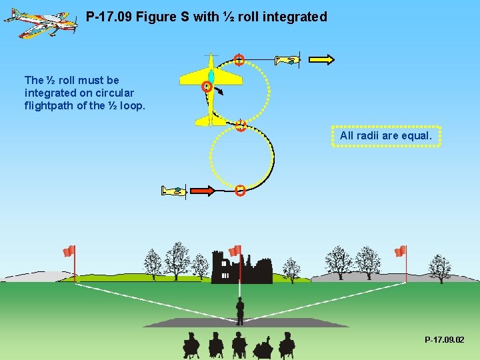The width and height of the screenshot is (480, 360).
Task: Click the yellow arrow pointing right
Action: pos(322,60)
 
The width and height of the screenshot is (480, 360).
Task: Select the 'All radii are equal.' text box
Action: pos(386,136)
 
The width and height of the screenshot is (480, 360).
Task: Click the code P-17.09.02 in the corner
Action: pos(445,340)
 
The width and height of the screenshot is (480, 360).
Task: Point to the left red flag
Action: pos(69,251)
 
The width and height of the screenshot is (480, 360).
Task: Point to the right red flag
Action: pos(400,251)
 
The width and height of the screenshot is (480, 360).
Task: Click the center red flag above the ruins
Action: pos(235,251)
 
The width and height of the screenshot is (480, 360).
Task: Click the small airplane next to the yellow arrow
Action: pos(288,60)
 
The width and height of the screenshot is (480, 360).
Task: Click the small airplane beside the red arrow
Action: pos(175,191)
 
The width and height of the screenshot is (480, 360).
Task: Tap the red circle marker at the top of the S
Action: pos(239,60)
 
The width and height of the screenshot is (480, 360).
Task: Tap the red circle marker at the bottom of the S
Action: pos(240,191)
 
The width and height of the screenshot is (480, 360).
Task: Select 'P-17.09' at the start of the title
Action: pos(109,17)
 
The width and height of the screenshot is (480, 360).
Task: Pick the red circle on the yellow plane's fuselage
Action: pos(207,86)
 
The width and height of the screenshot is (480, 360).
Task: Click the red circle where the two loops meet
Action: pos(241,125)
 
